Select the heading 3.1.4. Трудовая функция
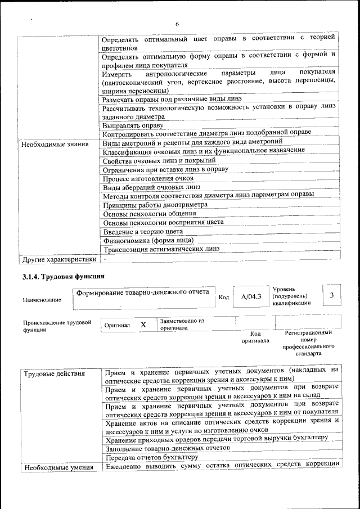coord(63,277)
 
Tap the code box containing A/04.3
coord(247,296)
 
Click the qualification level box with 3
coord(332,295)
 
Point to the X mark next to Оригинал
coord(143,325)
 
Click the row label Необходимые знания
coord(55,144)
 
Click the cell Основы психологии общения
coord(149,214)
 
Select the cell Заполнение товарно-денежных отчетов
coord(167,448)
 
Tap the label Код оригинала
coord(255,337)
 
